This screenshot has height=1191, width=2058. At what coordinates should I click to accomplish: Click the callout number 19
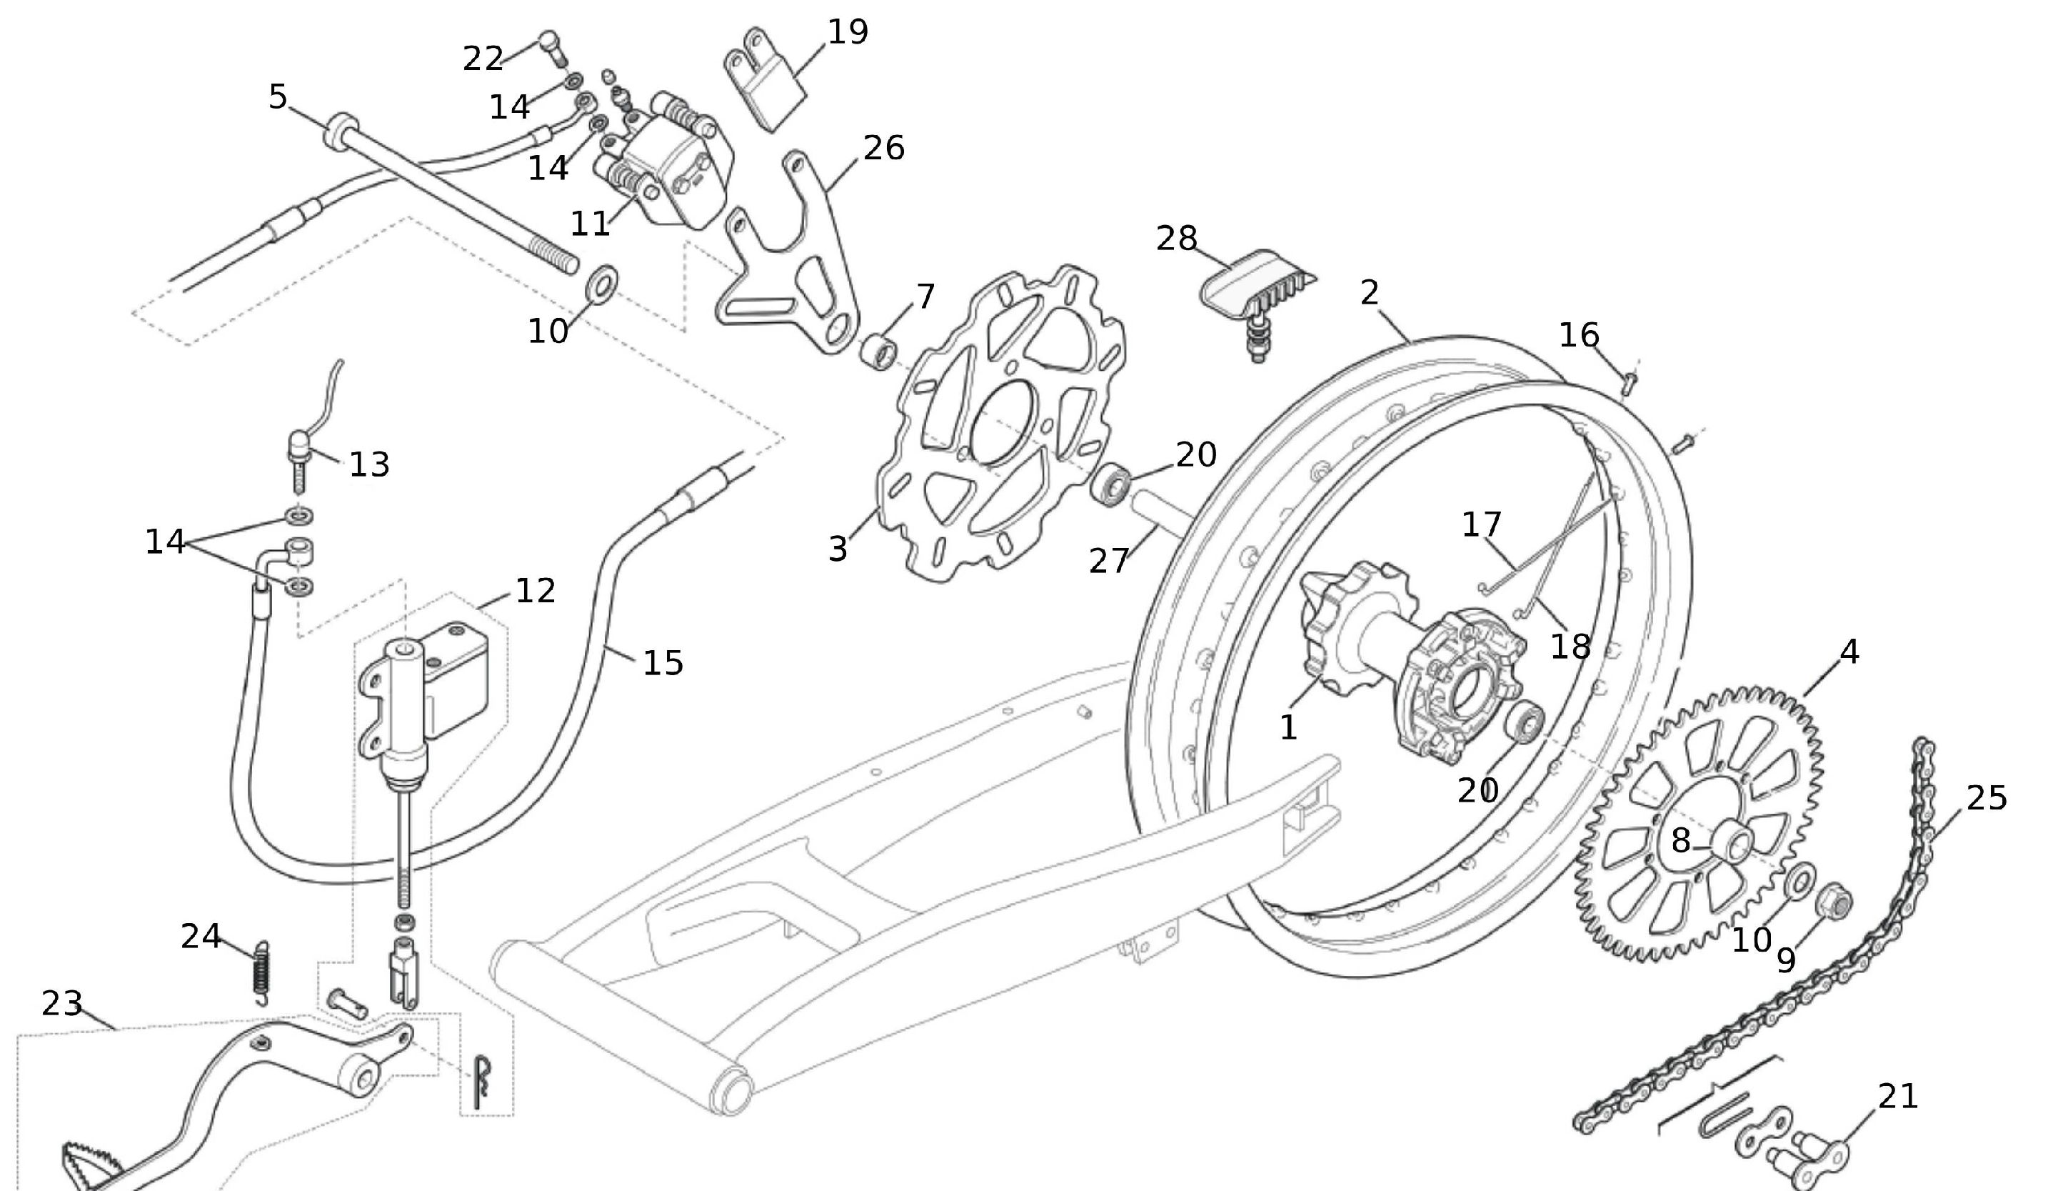(848, 33)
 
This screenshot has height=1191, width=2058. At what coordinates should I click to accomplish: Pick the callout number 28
(1177, 239)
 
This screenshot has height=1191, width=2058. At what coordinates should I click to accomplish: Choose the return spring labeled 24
(261, 972)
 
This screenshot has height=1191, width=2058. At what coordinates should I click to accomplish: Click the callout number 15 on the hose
(663, 662)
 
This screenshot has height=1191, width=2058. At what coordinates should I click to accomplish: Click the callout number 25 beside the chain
(1986, 798)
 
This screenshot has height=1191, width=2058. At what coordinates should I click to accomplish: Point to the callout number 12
(535, 591)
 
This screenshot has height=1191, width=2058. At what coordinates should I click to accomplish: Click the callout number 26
(883, 149)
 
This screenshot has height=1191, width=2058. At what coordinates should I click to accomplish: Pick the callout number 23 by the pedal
(62, 1004)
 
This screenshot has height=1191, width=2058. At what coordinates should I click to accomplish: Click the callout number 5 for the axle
(278, 96)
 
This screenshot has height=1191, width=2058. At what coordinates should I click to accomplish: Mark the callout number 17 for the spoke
(1482, 524)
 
